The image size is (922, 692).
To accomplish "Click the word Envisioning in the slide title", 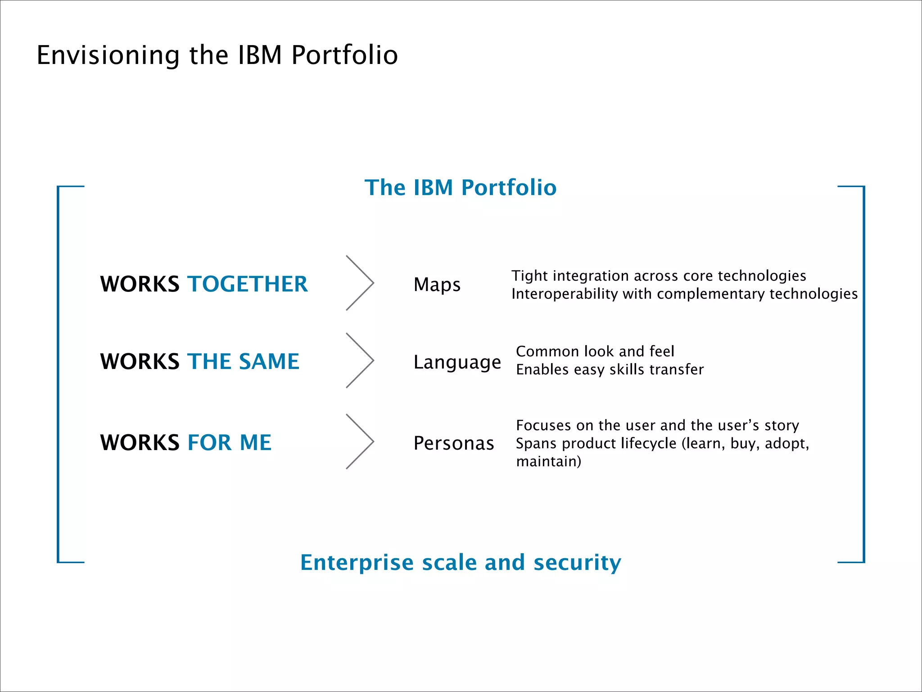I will (x=108, y=55).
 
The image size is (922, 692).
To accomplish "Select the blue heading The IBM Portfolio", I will (x=460, y=187).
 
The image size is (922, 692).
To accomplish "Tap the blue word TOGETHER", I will (x=248, y=284).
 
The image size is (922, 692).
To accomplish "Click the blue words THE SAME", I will (x=243, y=362).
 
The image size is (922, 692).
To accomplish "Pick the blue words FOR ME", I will (x=229, y=443).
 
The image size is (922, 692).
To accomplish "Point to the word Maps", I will (x=437, y=285).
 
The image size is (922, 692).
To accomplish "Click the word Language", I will (x=457, y=362).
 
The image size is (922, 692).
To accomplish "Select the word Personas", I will (x=454, y=443).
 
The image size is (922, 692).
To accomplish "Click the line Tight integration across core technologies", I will (x=658, y=276).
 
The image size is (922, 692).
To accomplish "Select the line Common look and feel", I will (x=595, y=351).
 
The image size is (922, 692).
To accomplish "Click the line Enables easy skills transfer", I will (x=610, y=369).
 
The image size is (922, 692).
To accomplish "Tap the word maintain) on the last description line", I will (x=548, y=462).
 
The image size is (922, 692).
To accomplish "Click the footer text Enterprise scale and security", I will (x=460, y=562).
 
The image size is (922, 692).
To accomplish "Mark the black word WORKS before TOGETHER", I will (x=140, y=284).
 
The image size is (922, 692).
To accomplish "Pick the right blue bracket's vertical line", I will (x=863, y=374).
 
